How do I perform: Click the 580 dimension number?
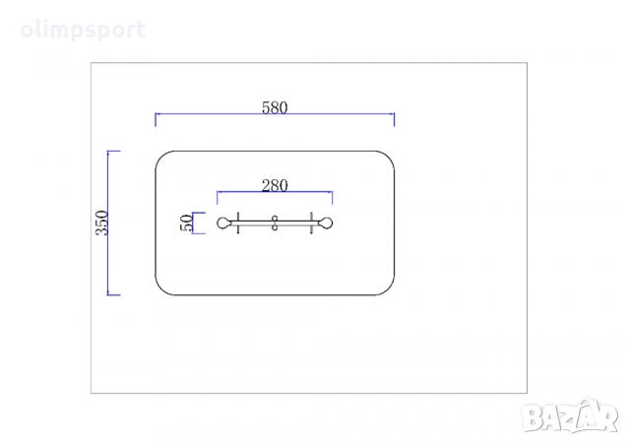click(x=275, y=108)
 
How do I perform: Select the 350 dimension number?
click(x=101, y=222)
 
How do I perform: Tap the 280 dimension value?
click(x=275, y=185)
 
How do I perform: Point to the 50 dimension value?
click(x=186, y=223)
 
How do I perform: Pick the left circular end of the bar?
click(x=223, y=223)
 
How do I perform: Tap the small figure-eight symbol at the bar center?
click(x=276, y=223)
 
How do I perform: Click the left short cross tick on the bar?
click(x=239, y=223)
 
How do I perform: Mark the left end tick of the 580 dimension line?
click(x=157, y=119)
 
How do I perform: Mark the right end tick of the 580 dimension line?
click(x=394, y=119)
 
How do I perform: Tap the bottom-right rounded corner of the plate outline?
click(x=388, y=286)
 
